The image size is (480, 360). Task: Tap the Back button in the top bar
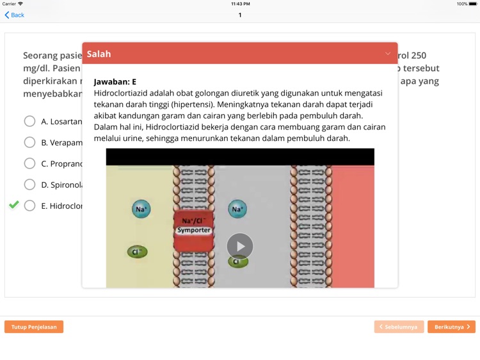click(14, 15)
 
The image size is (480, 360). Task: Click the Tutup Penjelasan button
click(34, 327)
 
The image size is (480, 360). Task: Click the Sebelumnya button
click(399, 327)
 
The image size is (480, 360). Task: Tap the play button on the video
click(240, 247)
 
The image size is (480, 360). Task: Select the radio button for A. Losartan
click(29, 121)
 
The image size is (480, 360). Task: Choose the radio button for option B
click(29, 142)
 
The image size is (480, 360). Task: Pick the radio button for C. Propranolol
click(29, 163)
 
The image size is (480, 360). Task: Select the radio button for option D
click(29, 184)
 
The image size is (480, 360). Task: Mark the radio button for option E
click(29, 206)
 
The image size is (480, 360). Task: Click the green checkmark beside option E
click(13, 205)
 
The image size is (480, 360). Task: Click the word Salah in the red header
click(99, 54)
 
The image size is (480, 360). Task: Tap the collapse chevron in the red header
click(387, 54)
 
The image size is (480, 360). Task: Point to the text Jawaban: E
click(115, 82)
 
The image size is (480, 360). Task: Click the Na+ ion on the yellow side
click(141, 209)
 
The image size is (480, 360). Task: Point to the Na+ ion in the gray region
click(237, 209)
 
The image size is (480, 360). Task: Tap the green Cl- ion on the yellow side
click(137, 252)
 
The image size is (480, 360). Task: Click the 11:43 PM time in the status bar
click(240, 4)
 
